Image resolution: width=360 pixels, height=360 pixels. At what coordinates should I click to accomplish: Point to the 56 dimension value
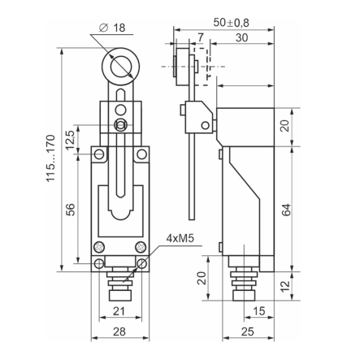[70, 209]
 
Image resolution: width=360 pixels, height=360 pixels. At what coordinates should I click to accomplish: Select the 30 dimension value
[241, 37]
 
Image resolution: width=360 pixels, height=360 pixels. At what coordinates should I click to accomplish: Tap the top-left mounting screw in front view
[98, 154]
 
